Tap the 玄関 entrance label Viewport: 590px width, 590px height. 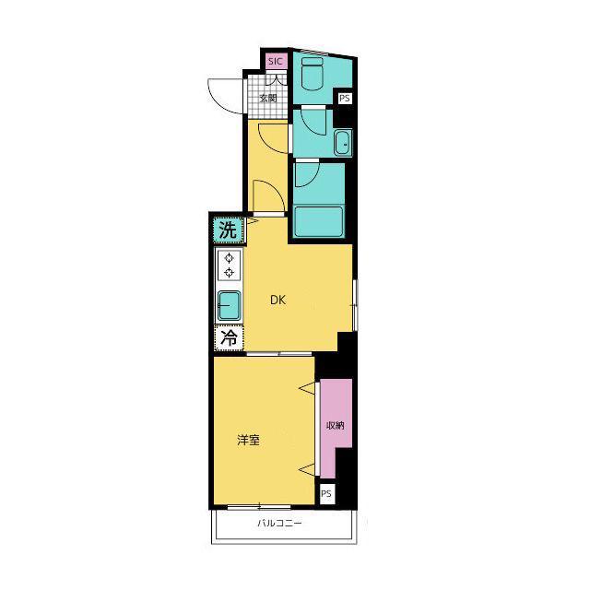pos(268,99)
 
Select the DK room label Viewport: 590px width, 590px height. pos(278,300)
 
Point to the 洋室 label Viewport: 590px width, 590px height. pos(248,440)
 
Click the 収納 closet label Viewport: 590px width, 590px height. pos(335,426)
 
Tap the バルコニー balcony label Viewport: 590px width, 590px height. pos(279,523)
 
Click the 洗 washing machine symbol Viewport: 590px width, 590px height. pos(228,230)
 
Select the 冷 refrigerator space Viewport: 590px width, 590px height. pos(229,338)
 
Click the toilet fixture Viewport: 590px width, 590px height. pos(313,74)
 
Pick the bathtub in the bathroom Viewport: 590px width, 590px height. pos(319,221)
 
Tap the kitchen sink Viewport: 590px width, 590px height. pos(229,306)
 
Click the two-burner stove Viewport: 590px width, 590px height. pos(229,265)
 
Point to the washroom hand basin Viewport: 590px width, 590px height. pos(343,144)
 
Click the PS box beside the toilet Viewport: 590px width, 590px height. pos(344,99)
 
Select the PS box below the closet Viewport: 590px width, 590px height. pos(327,493)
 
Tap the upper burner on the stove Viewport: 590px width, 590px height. pos(229,258)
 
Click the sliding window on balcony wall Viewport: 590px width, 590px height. pos(259,507)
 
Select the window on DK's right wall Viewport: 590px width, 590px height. pos(355,305)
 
